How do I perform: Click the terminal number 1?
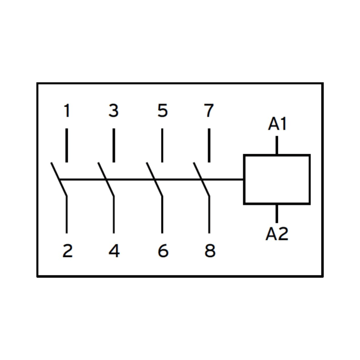point(67,111)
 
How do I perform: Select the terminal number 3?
point(114,111)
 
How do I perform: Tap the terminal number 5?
point(162,111)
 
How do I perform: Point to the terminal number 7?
point(209,111)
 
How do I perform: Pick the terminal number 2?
point(67,251)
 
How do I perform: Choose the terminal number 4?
point(114,251)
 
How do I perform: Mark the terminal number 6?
point(163,251)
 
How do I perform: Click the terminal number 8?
point(210,251)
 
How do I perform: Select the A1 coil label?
point(277,125)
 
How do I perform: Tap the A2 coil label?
point(277,234)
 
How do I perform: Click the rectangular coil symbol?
point(276,179)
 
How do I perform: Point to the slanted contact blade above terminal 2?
point(59,179)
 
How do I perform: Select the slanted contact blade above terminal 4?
point(106,179)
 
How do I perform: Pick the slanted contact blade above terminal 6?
point(154,179)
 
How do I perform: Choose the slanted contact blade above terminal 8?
point(202,179)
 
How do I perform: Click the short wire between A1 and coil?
point(277,145)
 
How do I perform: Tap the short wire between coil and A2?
point(277,213)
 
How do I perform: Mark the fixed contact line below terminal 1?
point(67,145)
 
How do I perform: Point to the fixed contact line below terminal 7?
point(209,145)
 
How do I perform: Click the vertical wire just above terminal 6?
point(162,215)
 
